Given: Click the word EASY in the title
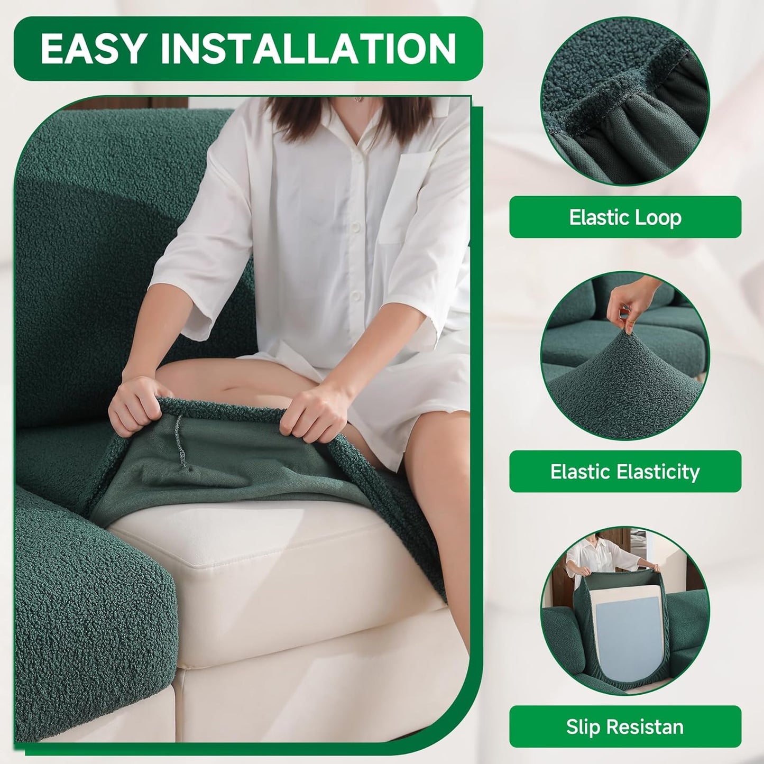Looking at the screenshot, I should point(93,49).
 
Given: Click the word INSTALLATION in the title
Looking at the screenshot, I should point(308,49).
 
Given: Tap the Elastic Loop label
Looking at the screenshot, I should point(625,217).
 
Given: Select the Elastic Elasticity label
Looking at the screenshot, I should point(625,472).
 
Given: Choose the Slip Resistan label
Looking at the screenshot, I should point(625,726).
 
